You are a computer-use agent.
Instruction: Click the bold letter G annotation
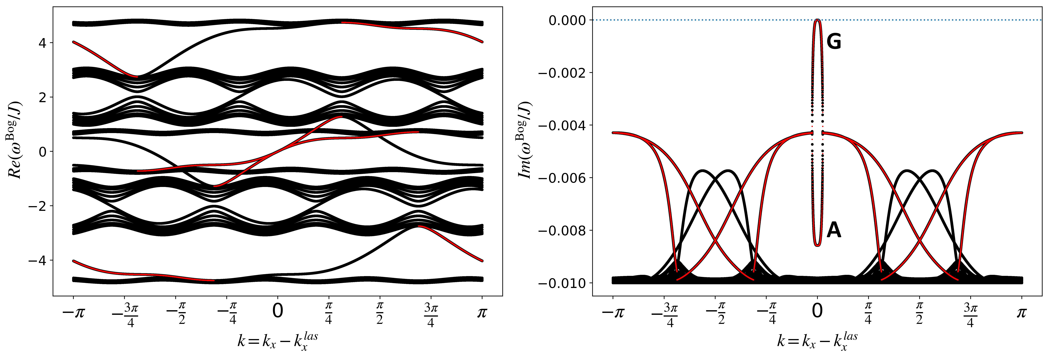pos(834,42)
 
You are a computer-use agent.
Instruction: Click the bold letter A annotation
pos(834,231)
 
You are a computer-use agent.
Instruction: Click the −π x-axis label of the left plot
pos(73,313)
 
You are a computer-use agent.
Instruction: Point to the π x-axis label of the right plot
pos(1021,313)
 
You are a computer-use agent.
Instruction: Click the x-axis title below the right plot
pos(817,341)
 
